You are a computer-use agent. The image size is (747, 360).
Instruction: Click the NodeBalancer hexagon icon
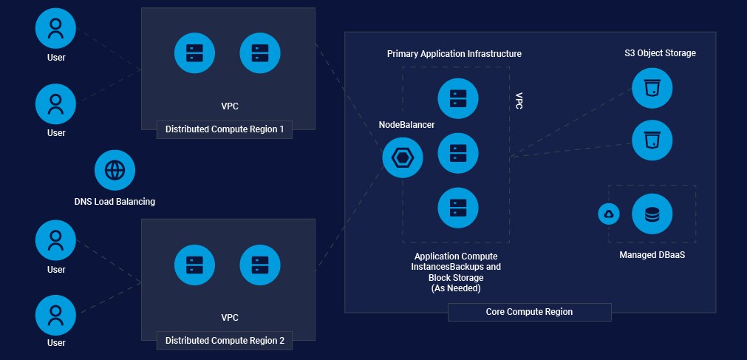[403, 157]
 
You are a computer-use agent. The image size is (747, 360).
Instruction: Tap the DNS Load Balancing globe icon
[115, 171]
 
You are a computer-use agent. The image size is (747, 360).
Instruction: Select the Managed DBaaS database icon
[652, 214]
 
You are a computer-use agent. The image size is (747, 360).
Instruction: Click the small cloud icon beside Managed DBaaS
[609, 214]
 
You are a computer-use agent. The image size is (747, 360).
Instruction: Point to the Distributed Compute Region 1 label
[225, 130]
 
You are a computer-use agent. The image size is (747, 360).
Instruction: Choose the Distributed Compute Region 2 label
[225, 341]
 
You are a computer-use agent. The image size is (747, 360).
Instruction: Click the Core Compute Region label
[529, 312]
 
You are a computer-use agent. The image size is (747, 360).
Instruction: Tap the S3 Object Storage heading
[660, 53]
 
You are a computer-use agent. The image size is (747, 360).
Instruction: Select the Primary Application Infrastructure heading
[454, 54]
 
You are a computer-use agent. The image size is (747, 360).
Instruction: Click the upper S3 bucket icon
[652, 88]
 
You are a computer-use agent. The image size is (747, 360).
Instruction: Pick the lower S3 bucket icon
[652, 140]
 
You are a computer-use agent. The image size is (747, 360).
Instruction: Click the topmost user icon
[56, 29]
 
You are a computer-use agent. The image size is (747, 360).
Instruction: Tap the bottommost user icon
[56, 315]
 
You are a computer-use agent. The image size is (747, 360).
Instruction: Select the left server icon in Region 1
[194, 53]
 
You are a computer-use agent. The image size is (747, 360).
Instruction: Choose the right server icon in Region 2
[260, 264]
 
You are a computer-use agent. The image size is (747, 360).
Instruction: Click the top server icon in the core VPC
[458, 98]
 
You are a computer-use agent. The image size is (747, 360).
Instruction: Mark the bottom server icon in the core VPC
[458, 208]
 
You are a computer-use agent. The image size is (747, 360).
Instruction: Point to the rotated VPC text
[519, 101]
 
